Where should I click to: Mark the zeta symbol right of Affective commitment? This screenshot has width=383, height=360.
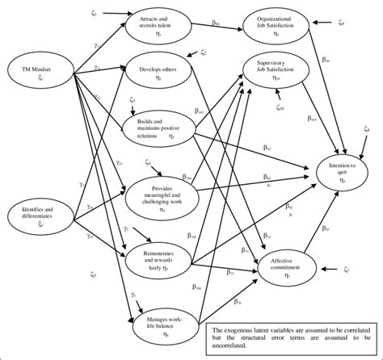(345, 269)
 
